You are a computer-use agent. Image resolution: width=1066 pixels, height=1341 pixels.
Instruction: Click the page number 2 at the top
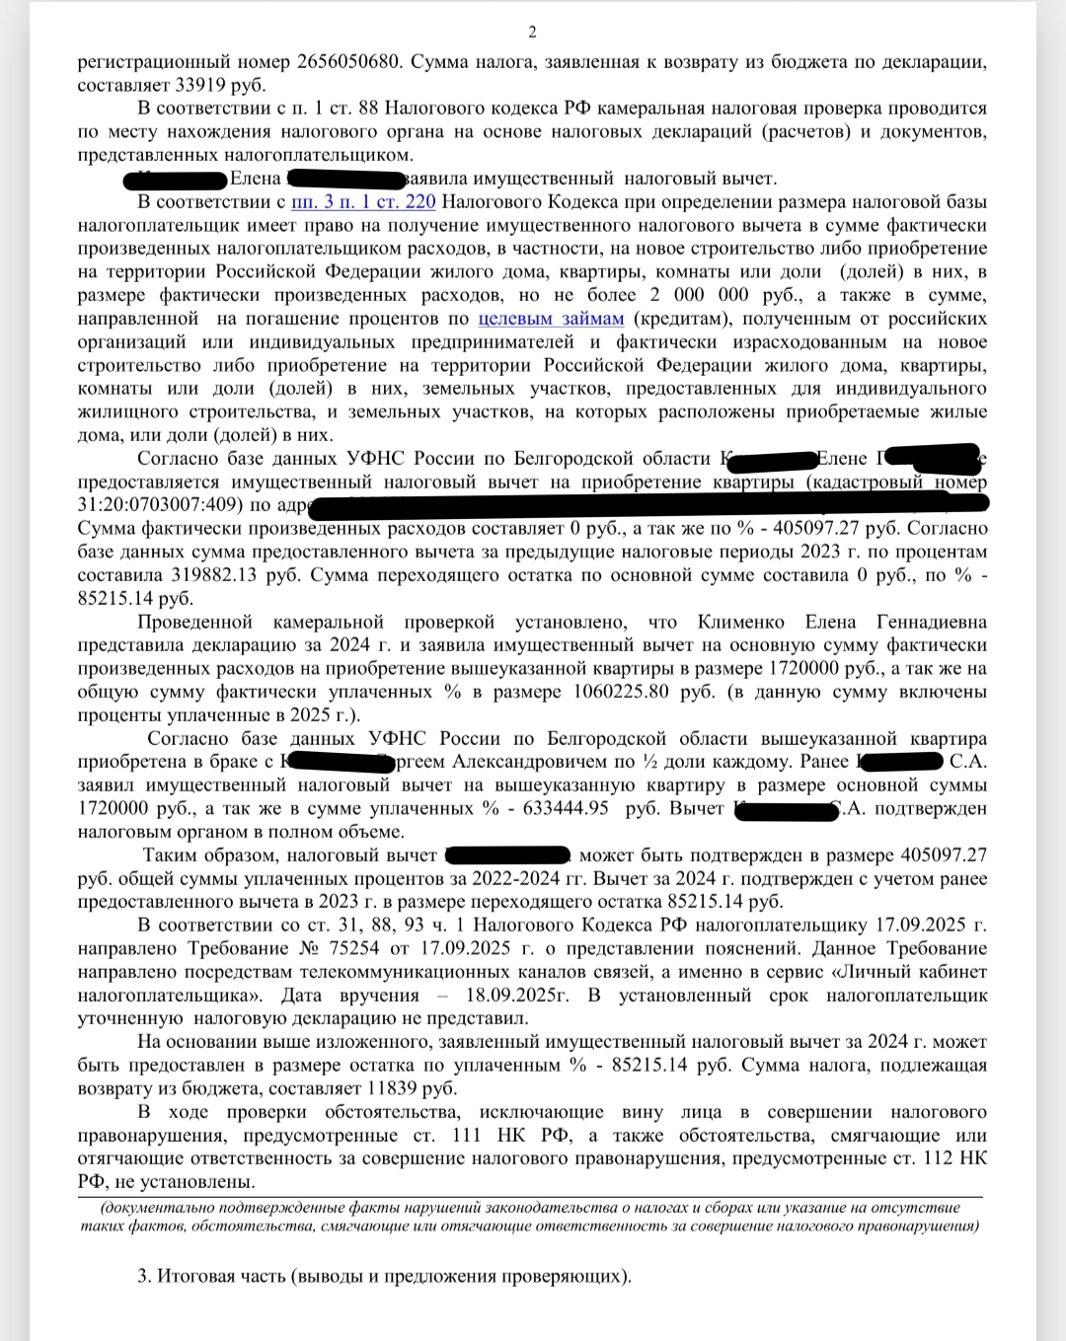click(533, 33)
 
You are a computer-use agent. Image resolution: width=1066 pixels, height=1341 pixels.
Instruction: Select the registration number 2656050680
click(348, 61)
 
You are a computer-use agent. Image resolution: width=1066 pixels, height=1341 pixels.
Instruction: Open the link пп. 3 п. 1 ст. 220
click(363, 202)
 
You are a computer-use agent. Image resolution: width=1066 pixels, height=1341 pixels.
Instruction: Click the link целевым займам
click(552, 318)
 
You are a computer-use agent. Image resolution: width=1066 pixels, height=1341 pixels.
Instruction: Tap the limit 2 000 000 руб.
click(725, 295)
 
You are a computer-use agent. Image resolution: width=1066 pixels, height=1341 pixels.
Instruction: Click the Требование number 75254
click(355, 948)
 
